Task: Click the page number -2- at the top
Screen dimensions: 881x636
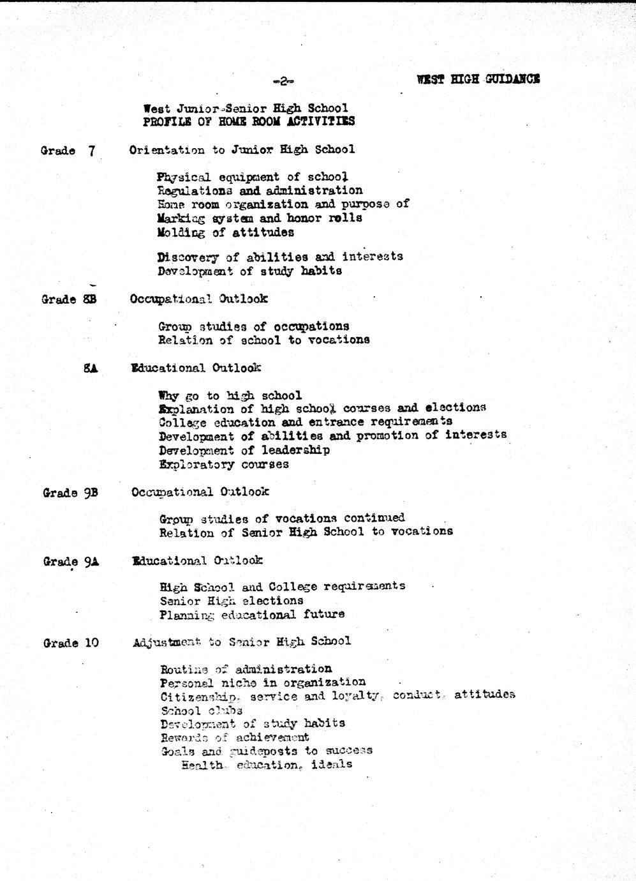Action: pos(282,81)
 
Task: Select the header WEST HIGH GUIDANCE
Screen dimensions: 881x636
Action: pos(478,79)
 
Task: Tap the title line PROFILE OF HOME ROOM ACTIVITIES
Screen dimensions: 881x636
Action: pos(249,121)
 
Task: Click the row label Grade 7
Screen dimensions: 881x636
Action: pos(68,151)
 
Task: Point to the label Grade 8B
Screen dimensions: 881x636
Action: pos(69,299)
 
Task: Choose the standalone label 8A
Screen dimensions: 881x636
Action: pos(90,368)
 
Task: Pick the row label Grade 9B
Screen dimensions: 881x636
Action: pos(70,493)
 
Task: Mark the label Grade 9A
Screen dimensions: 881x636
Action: pos(71,562)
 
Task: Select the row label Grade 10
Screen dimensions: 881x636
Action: pos(71,643)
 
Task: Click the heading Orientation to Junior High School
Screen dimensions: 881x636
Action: pos(242,150)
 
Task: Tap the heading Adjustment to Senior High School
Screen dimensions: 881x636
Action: pos(242,642)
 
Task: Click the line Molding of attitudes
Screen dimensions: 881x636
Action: pos(225,232)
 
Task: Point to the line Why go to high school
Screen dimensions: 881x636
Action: pos(230,396)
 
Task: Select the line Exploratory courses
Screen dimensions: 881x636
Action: pos(224,464)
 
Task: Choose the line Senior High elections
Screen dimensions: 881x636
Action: pos(232,601)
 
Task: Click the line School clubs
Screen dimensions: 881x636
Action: pos(201,710)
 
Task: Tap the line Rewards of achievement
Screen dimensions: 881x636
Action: pos(235,737)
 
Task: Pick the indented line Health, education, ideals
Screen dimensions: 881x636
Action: pos(267,764)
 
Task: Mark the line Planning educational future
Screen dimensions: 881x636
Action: pos(252,615)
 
